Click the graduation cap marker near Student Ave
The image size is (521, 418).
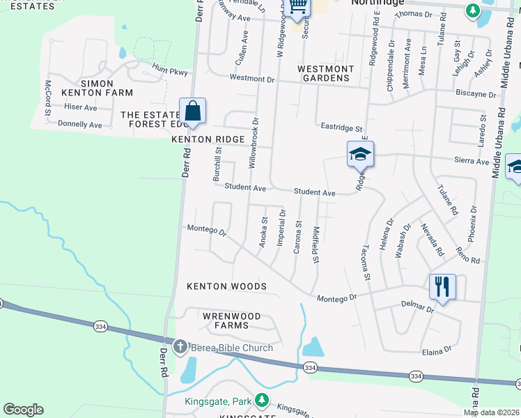click(x=361, y=154)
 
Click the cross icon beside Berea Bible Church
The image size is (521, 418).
click(x=180, y=347)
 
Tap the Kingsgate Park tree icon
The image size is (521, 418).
click(x=262, y=401)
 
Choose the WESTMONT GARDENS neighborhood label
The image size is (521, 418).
click(x=325, y=73)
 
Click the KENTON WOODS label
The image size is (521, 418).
click(x=227, y=286)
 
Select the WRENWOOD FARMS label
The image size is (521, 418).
click(x=231, y=320)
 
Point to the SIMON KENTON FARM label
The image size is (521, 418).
click(x=87, y=88)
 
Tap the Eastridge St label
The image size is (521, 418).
click(x=341, y=128)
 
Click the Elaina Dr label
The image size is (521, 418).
click(x=437, y=351)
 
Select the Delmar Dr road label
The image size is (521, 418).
click(x=417, y=306)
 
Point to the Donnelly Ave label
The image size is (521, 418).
click(x=80, y=125)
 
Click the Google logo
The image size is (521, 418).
click(x=23, y=410)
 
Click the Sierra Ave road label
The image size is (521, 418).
click(x=472, y=161)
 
